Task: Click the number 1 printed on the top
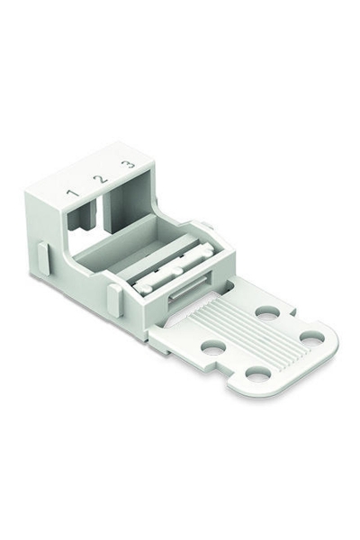click(x=73, y=193)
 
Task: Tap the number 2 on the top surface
click(x=100, y=179)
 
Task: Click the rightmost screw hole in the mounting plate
click(x=312, y=338)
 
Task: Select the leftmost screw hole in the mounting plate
click(x=212, y=347)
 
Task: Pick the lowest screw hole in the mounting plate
click(x=257, y=374)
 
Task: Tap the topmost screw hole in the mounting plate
click(x=267, y=312)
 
